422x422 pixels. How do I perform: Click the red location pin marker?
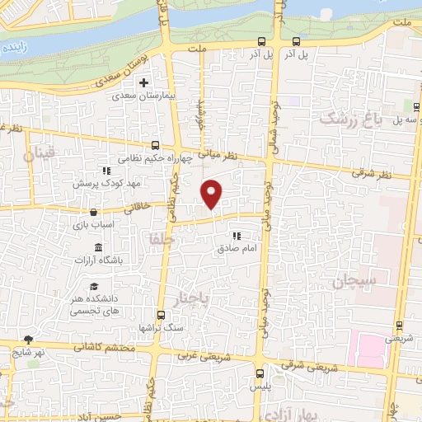point(213,194)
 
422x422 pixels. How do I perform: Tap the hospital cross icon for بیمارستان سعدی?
point(144,83)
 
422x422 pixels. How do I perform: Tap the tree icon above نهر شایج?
point(30,339)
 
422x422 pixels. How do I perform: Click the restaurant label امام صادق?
point(238,247)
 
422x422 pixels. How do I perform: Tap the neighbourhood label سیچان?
point(354,283)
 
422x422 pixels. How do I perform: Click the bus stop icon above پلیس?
point(260,373)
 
